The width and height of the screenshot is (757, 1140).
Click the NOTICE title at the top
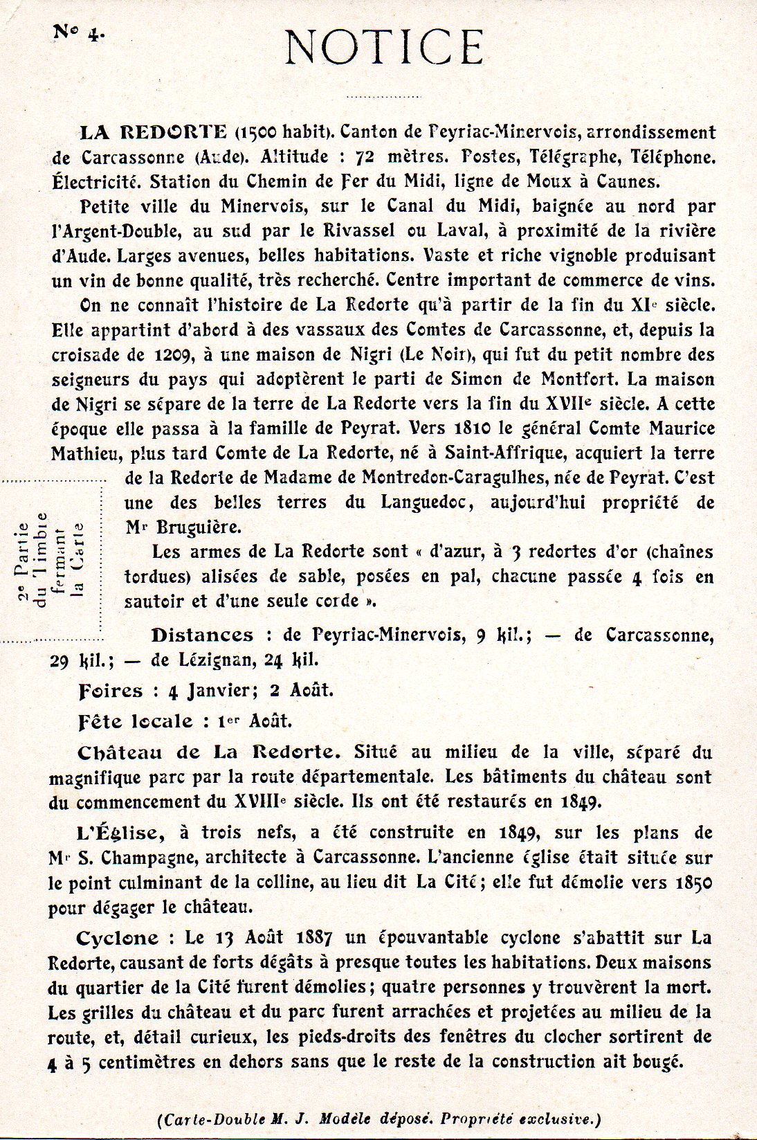pyautogui.click(x=384, y=47)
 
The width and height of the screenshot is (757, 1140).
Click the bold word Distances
pyautogui.click(x=202, y=635)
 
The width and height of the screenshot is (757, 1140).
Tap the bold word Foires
pyautogui.click(x=111, y=690)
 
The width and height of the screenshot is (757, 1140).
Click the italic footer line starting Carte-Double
pyautogui.click(x=378, y=1118)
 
